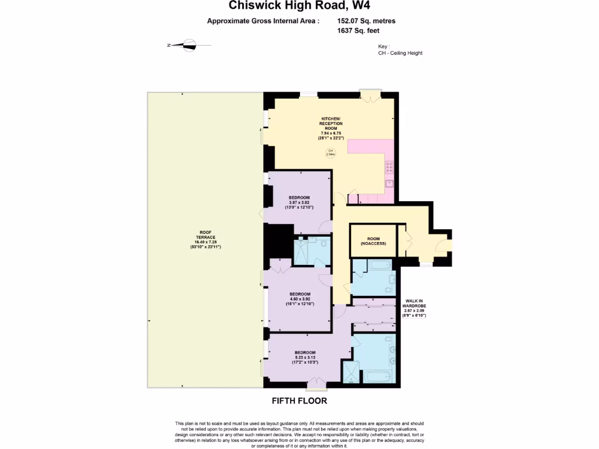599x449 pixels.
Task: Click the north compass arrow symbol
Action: (188, 44)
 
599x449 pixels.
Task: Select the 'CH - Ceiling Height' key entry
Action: (400, 53)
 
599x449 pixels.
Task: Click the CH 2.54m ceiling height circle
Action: (330, 153)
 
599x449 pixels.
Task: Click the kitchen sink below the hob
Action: (390, 183)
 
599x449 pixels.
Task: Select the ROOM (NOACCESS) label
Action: (373, 241)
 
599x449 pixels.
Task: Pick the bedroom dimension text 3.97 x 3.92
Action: (298, 202)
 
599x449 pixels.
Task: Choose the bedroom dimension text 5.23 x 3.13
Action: (305, 358)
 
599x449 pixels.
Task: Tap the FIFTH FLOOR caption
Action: (299, 401)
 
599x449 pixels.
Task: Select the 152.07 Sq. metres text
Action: (370, 21)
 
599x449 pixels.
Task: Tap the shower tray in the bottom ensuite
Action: (351, 373)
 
